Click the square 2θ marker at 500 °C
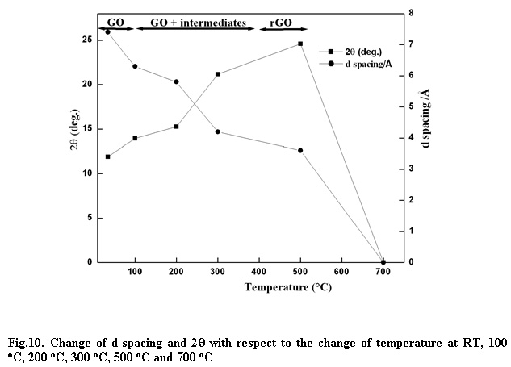click(x=300, y=44)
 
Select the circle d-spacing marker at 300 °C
click(x=218, y=131)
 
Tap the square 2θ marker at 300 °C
click(x=218, y=74)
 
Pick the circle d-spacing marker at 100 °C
click(x=135, y=66)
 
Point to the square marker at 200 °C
click(x=176, y=127)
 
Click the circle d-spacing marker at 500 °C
click(x=300, y=150)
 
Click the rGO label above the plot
click(x=281, y=23)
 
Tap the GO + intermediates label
click(x=198, y=23)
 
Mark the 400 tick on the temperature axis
click(x=258, y=272)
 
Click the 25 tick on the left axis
click(x=88, y=40)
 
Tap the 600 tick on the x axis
click(x=341, y=272)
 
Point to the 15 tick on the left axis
click(x=88, y=128)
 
